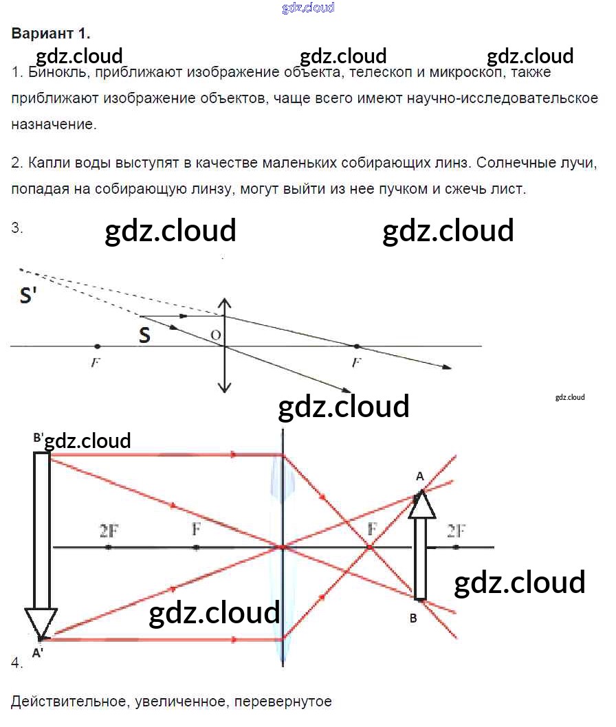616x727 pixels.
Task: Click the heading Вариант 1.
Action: point(51,33)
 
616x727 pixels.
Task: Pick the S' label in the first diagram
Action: point(30,295)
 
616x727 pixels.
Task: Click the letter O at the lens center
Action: point(216,335)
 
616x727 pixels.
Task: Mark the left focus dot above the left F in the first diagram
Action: point(97,346)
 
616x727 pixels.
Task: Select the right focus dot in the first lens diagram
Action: point(356,346)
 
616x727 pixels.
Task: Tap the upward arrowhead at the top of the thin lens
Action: point(224,303)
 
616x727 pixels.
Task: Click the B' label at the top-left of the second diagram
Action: point(38,438)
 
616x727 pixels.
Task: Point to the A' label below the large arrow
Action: point(38,653)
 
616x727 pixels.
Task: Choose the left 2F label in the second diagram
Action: point(109,530)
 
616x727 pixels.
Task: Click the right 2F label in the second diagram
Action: point(456,530)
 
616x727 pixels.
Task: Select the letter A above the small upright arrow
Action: point(420,476)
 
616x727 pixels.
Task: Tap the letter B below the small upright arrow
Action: point(413,618)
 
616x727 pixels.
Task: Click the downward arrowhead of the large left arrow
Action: point(40,623)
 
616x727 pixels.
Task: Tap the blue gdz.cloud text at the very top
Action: point(308,8)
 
